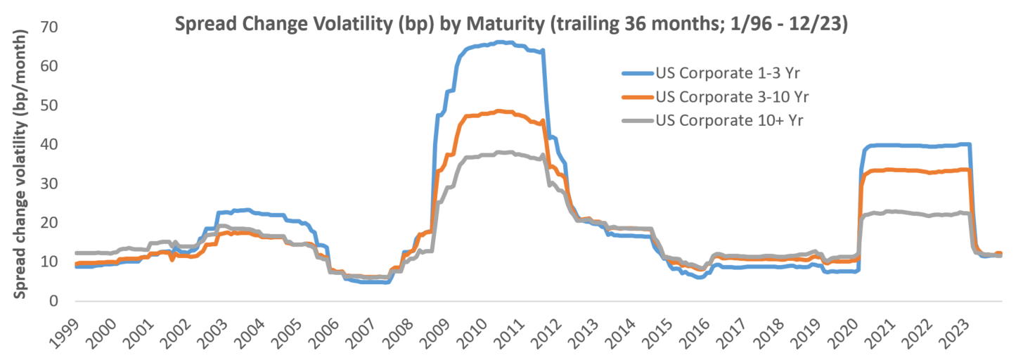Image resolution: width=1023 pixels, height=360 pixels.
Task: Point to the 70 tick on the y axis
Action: click(49, 27)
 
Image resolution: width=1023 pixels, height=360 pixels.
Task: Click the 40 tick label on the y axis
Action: click(49, 144)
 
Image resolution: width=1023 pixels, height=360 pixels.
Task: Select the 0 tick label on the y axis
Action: click(53, 301)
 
